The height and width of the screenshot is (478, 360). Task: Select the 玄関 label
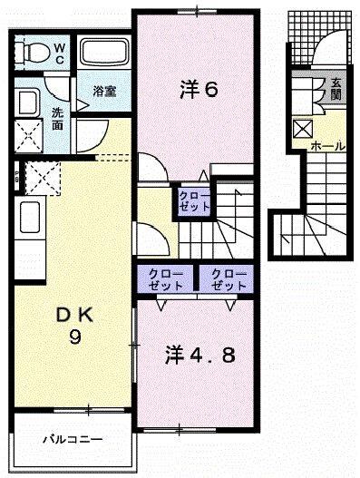point(335,89)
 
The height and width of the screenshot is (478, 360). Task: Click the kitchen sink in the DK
point(28,218)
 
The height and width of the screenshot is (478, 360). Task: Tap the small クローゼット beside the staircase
point(193,200)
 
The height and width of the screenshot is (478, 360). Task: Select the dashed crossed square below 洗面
point(42,176)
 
